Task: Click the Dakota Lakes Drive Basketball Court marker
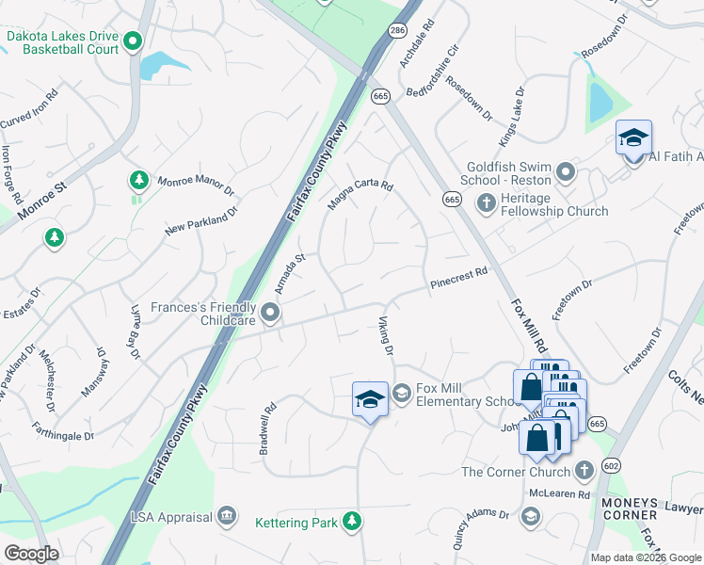pyautogui.click(x=133, y=40)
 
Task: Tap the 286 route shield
pyautogui.click(x=397, y=30)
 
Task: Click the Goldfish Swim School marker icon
pyautogui.click(x=566, y=171)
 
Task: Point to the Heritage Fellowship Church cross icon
pyautogui.click(x=487, y=202)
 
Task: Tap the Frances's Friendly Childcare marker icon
pyautogui.click(x=271, y=313)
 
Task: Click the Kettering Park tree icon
pyautogui.click(x=352, y=520)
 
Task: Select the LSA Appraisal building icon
pyautogui.click(x=226, y=515)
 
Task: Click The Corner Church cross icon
pyautogui.click(x=584, y=471)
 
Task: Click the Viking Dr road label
pyautogui.click(x=387, y=337)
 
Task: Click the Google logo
pyautogui.click(x=31, y=554)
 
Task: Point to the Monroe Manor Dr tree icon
pyautogui.click(x=139, y=179)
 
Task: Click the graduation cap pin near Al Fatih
pyautogui.click(x=633, y=139)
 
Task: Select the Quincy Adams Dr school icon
pyautogui.click(x=531, y=516)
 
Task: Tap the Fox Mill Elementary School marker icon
pyautogui.click(x=402, y=392)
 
